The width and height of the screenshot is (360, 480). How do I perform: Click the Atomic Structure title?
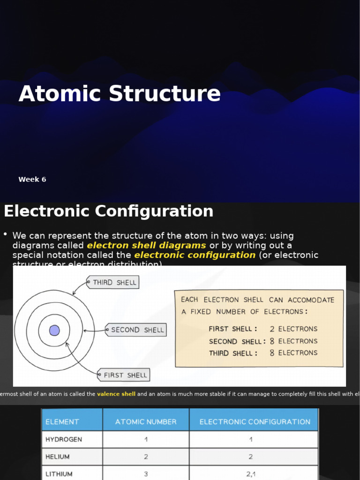coord(120,94)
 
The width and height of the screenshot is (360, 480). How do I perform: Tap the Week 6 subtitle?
coord(32,180)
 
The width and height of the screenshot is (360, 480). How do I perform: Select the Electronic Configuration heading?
coord(108,211)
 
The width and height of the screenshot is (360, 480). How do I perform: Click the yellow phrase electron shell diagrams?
coord(146,246)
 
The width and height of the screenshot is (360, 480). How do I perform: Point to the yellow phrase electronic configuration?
coord(195,255)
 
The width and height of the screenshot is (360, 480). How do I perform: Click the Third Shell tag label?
coord(114,282)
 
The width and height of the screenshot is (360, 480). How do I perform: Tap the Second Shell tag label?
coord(137,330)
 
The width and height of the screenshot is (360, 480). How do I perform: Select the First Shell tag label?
coord(125,375)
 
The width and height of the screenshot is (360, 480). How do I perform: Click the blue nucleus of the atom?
coord(54,330)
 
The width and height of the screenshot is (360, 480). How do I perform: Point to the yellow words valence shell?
coord(116,394)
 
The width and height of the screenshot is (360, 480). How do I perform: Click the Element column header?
coord(62,422)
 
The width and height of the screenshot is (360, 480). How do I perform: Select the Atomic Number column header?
coord(146,422)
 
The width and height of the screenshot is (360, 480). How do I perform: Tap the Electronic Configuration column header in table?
coord(255,422)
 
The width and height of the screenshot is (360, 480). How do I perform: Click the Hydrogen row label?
coord(64,440)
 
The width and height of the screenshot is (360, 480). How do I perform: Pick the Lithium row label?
coord(59,474)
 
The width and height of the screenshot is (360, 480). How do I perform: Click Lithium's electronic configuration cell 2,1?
coord(251,474)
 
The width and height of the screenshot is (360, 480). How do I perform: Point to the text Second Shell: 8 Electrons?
coord(263,341)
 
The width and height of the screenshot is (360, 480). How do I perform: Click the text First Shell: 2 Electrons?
coord(263,329)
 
